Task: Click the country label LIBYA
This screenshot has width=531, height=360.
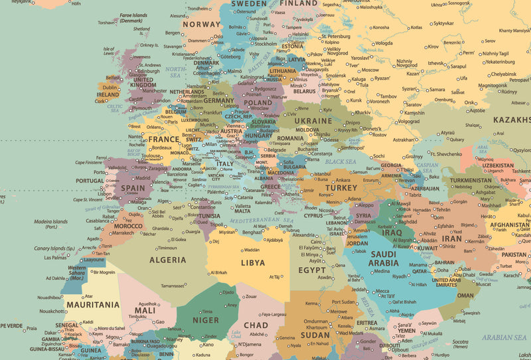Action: [x=252, y=262]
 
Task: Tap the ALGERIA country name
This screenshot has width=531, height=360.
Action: [x=168, y=260]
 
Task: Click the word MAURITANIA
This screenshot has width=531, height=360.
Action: [x=93, y=305]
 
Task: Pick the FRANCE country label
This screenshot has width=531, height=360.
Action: [x=163, y=139]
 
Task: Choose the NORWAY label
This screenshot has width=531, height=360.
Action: [x=201, y=25]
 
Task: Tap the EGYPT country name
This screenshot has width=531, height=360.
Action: [x=312, y=270]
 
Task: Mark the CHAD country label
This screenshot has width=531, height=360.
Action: [x=256, y=325]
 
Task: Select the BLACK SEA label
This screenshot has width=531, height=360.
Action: [x=341, y=161]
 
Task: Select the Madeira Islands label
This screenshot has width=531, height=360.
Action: [x=52, y=223]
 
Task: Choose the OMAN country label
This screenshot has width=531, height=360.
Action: [x=465, y=296]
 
